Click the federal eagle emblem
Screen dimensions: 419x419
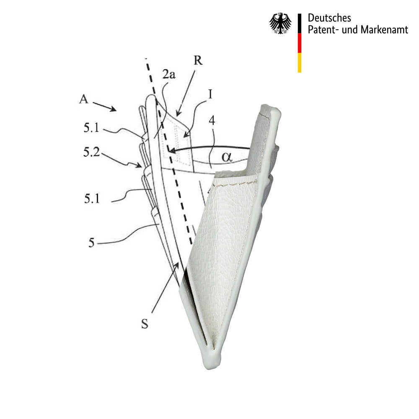pos(280,23)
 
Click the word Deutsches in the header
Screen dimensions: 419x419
pos(329,18)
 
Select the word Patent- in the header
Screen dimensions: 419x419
pos(323,30)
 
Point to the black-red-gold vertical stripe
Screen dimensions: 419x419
pos(300,43)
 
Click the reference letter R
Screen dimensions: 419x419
pos(198,60)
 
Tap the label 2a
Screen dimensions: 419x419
pos(169,74)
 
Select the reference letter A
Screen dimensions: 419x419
pos(84,99)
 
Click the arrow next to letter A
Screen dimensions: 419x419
pos(104,106)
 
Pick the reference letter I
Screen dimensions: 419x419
pos(210,94)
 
